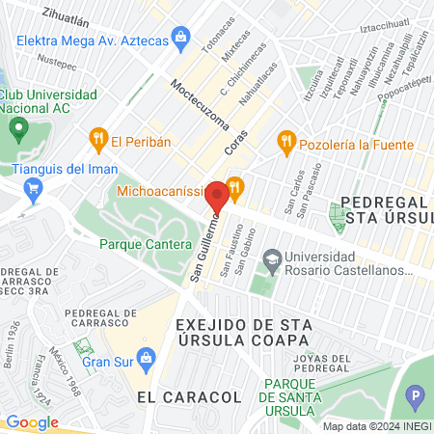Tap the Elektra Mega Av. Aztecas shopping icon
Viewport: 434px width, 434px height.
(x=179, y=39)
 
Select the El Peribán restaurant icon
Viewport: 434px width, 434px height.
(x=97, y=141)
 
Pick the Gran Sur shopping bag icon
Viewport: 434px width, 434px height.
(x=146, y=362)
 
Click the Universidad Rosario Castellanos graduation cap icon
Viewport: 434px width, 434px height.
(x=273, y=258)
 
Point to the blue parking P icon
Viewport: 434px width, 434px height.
(x=416, y=395)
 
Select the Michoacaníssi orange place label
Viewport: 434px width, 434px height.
(x=165, y=191)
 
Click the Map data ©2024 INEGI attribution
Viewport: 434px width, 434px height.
(x=376, y=426)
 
